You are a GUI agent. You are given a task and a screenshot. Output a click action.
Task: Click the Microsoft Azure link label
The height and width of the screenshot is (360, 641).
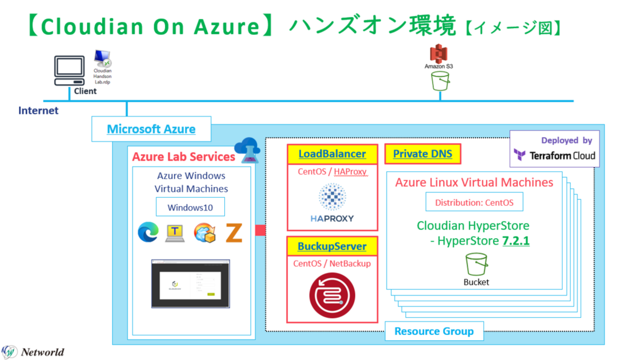(x=151, y=129)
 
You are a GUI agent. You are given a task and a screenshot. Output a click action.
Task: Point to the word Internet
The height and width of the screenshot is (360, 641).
(x=38, y=110)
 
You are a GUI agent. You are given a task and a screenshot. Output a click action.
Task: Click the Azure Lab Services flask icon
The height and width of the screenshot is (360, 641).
(x=247, y=150)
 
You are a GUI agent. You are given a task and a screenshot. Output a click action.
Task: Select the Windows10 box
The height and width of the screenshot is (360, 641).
(x=190, y=207)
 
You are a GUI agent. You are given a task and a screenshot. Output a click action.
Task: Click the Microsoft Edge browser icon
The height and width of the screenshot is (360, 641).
(x=148, y=232)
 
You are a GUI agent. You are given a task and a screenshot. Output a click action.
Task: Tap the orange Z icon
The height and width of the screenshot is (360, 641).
(x=234, y=232)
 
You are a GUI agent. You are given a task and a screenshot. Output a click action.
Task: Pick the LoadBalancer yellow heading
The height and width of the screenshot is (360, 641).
(x=332, y=154)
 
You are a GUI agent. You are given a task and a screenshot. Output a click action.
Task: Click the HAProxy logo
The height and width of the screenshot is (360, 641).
(x=332, y=203)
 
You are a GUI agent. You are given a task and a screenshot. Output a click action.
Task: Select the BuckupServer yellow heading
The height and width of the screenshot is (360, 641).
(x=332, y=246)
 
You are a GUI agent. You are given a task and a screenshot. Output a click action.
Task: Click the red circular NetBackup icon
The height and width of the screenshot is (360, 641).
(x=331, y=297)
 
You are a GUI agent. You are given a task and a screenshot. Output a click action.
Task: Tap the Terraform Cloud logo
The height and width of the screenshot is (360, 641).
(x=554, y=155)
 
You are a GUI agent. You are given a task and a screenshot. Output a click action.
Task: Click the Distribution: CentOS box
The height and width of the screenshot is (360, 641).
(x=474, y=202)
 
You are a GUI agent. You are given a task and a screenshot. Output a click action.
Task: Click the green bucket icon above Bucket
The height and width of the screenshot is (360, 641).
(x=476, y=265)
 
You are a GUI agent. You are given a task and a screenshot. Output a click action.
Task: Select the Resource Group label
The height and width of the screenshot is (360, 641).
(x=434, y=331)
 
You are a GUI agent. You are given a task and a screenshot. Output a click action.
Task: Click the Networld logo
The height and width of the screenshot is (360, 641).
(x=33, y=352)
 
